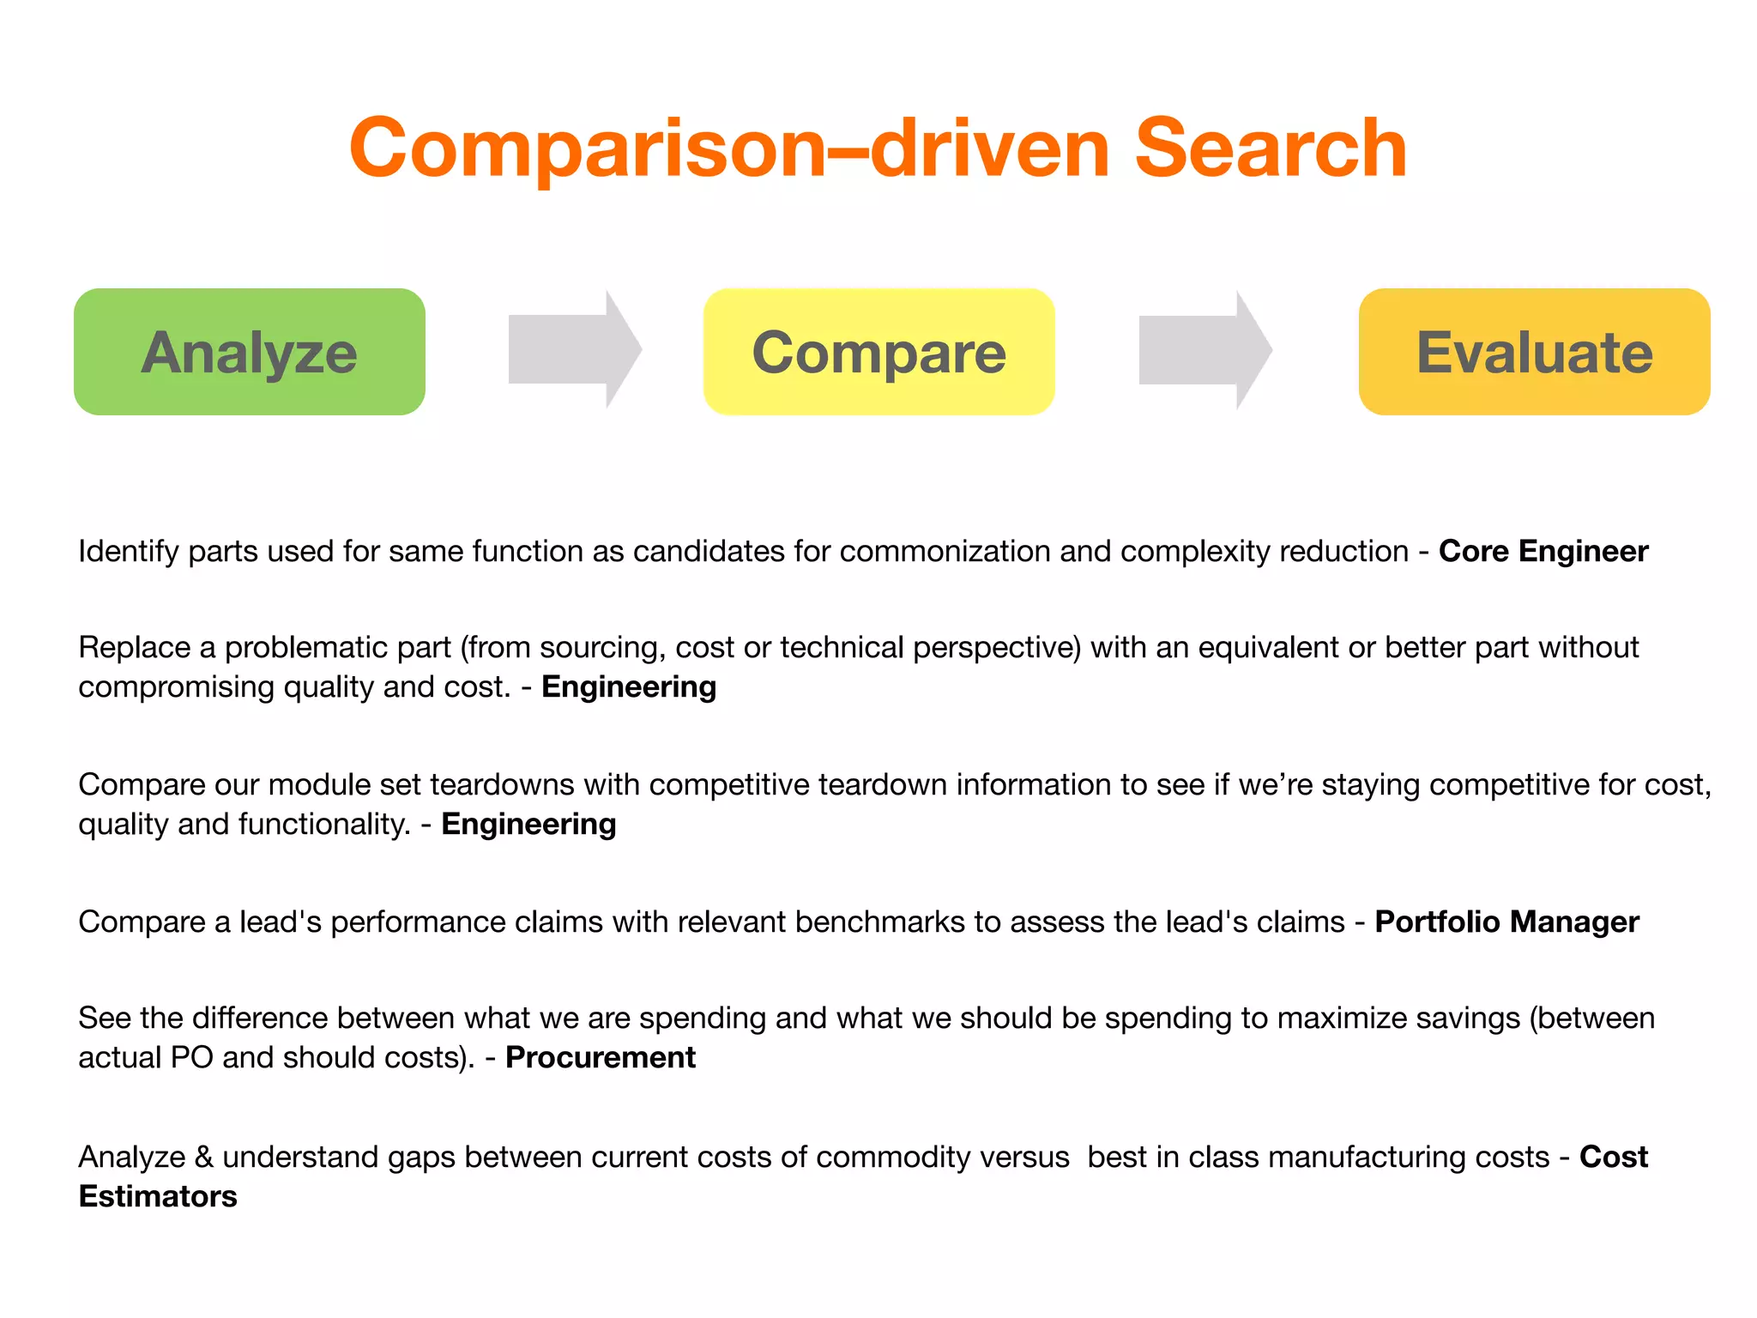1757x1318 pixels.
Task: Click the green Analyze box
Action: (x=249, y=352)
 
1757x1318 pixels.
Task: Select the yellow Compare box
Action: (x=878, y=352)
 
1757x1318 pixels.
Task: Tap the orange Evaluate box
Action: (x=1534, y=352)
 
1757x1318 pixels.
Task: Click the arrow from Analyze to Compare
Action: (x=573, y=349)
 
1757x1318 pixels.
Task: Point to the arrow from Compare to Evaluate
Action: (x=1204, y=349)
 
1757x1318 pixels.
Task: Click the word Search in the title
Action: (x=1270, y=148)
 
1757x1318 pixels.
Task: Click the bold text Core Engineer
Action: (x=1543, y=551)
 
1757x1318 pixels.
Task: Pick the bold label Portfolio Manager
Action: (x=1506, y=922)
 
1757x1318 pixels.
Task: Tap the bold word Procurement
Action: (x=601, y=1057)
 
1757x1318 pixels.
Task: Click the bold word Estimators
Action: (x=158, y=1196)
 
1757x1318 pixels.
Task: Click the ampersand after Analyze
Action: (x=204, y=1157)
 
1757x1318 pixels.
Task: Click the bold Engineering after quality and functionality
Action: (x=528, y=824)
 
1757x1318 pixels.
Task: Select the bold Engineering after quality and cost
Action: (x=629, y=686)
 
